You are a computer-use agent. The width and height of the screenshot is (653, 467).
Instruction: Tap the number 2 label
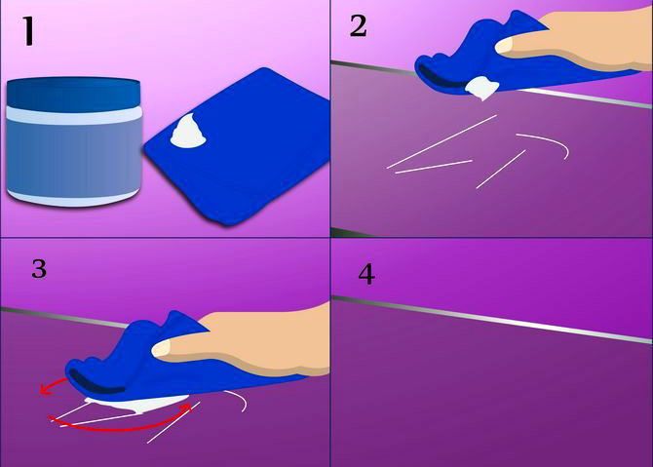(359, 26)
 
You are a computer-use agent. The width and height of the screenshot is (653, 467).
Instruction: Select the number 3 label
(39, 269)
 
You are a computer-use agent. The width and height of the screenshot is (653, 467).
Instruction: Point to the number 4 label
(365, 275)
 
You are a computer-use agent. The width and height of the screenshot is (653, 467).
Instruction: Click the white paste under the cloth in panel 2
(480, 89)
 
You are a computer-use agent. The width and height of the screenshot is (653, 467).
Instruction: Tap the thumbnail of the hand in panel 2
(507, 44)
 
